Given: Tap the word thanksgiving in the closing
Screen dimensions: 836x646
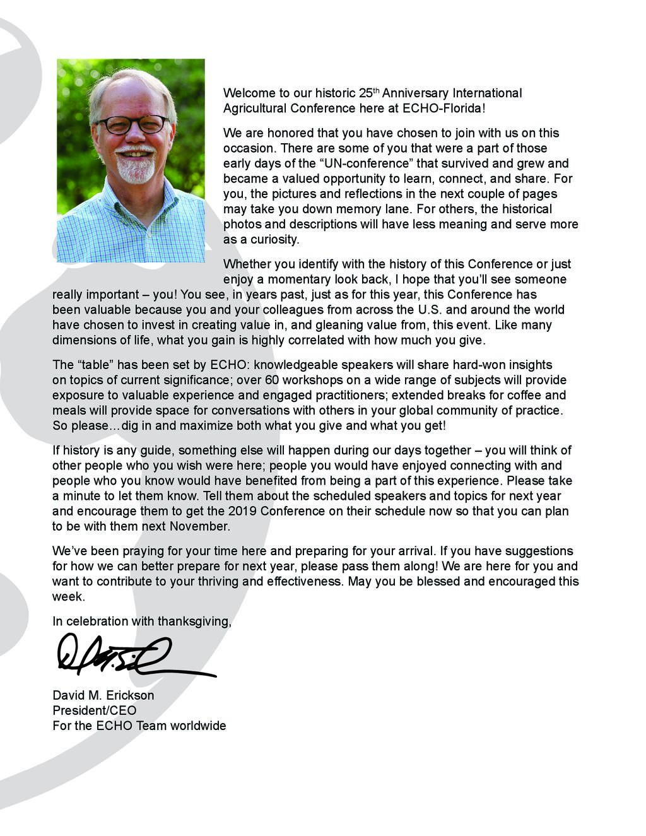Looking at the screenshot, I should click(194, 621).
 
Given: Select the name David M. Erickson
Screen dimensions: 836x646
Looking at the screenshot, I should click(103, 695).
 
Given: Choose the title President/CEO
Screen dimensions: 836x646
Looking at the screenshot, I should click(94, 710).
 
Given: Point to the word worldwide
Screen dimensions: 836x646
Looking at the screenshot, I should click(195, 726).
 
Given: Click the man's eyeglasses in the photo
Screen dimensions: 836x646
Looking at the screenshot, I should click(133, 124).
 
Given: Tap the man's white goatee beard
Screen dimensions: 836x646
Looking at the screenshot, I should click(135, 168).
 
